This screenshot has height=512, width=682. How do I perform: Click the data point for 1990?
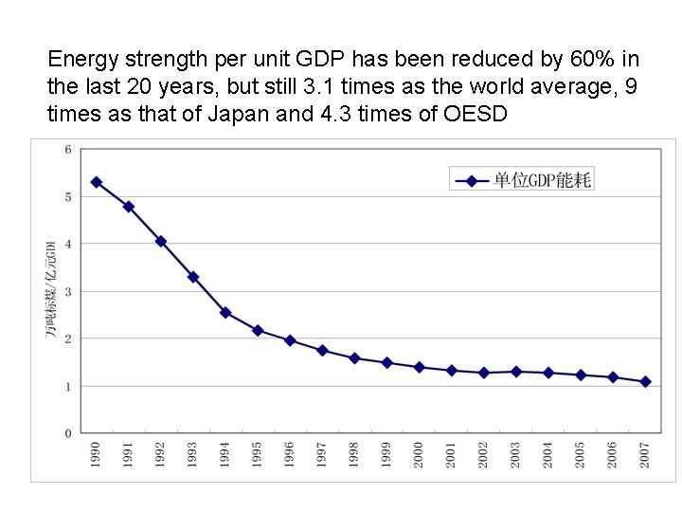coord(96,182)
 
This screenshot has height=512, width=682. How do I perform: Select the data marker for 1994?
coord(225,312)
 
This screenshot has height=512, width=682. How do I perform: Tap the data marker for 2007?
coord(645,382)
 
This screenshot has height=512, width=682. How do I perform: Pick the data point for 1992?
coord(161,242)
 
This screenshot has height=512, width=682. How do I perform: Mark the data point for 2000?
coord(419,367)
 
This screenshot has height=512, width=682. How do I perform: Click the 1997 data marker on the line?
coord(322,351)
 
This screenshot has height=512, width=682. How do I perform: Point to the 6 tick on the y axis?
coord(67,149)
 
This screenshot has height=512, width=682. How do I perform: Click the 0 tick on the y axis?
coord(67,433)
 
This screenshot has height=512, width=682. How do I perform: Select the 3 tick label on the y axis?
coord(67,291)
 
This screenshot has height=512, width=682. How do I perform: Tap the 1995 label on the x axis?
coord(258,453)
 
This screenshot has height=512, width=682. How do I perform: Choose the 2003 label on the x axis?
coord(516,453)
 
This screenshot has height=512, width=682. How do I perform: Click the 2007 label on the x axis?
coord(645,453)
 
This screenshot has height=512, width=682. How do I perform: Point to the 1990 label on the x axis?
coord(96,453)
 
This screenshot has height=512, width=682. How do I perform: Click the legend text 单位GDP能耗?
coord(543,180)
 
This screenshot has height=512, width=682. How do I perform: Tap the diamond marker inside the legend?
coord(472,180)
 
